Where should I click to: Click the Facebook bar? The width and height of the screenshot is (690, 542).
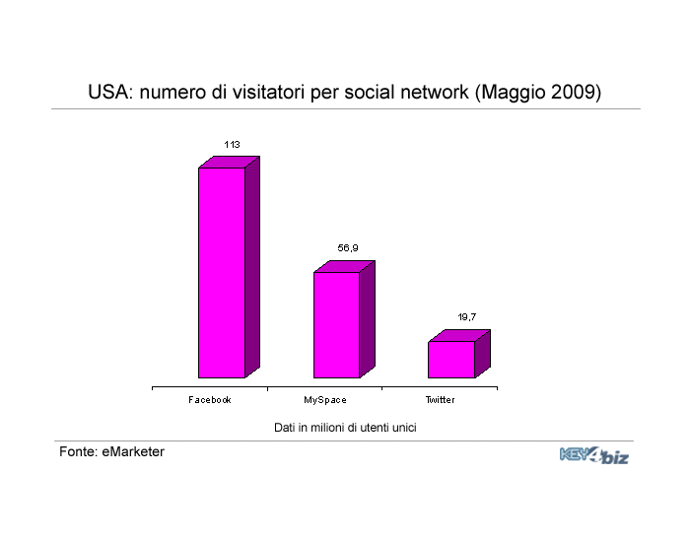click(229, 267)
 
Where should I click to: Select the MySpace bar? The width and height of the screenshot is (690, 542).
click(344, 319)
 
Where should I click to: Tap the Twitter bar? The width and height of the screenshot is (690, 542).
click(459, 354)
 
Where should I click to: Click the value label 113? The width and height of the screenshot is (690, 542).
click(232, 144)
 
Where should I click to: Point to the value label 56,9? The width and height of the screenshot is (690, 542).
click(348, 248)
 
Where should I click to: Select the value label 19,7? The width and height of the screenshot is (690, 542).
click(466, 317)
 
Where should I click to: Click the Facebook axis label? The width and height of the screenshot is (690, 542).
click(209, 400)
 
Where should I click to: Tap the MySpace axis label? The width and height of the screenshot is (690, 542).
click(324, 400)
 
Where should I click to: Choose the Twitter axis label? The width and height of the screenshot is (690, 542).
click(440, 400)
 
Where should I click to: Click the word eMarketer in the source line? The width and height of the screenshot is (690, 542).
click(133, 451)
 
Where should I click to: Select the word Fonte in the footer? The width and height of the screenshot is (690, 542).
click(78, 451)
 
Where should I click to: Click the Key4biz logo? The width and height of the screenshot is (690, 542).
click(594, 455)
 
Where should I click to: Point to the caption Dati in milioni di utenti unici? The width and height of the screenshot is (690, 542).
click(345, 428)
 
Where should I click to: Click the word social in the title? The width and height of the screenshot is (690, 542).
click(369, 93)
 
